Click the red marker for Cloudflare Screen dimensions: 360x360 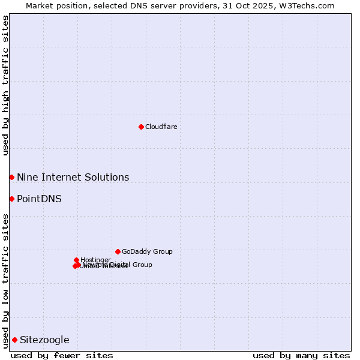[141, 127]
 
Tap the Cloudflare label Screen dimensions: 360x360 [161, 127]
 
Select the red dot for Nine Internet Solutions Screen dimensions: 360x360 [11, 177]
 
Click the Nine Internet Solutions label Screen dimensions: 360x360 [73, 177]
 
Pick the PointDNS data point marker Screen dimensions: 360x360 [11, 199]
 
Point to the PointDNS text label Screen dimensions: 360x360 [39, 199]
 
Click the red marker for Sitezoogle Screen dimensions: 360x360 [14, 340]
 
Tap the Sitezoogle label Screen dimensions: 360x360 [44, 340]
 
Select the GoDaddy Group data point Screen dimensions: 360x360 [118, 251]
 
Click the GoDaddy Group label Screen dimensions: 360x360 [147, 251]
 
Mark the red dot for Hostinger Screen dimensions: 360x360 [76, 260]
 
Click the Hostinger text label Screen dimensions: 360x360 [95, 260]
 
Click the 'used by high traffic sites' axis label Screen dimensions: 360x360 [5, 85]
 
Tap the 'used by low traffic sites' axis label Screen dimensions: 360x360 [5, 281]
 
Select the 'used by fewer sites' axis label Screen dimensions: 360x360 [62, 355]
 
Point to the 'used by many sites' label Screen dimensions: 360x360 [301, 355]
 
